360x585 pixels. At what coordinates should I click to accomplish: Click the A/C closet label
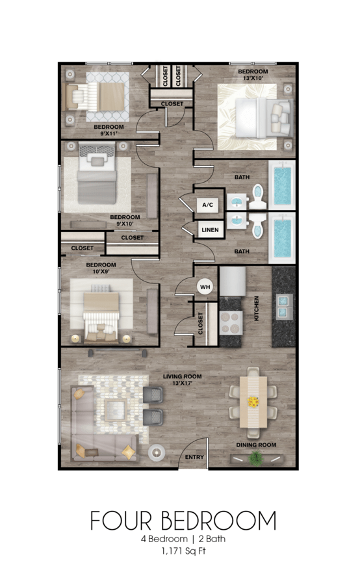[x=208, y=205]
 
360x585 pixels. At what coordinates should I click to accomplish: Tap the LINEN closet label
[x=209, y=230]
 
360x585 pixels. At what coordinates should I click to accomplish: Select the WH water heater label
[x=205, y=287]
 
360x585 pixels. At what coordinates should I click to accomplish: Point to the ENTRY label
[x=194, y=457]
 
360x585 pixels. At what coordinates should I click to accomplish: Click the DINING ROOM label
[x=256, y=445]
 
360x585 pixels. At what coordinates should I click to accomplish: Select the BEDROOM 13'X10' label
[x=251, y=74]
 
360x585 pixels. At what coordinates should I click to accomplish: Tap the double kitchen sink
[x=284, y=305]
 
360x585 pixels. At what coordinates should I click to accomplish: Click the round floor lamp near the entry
[x=157, y=452]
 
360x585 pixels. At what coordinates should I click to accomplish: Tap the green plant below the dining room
[x=256, y=459]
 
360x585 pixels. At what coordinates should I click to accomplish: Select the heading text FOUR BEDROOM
[x=183, y=521]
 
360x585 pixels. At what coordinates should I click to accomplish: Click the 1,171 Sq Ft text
[x=180, y=552]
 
